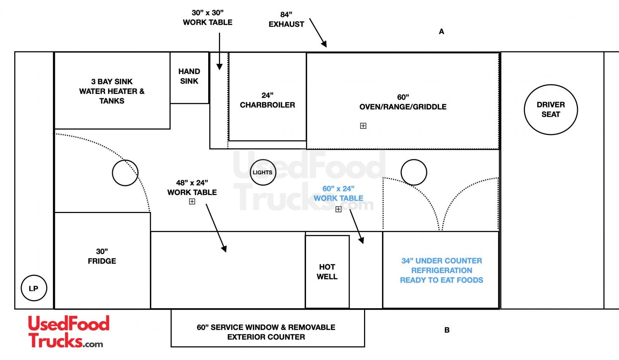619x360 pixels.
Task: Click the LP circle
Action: click(x=34, y=288)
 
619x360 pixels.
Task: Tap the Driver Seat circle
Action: click(x=551, y=109)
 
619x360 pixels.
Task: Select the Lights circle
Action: click(x=263, y=172)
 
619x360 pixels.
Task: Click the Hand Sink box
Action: click(x=189, y=77)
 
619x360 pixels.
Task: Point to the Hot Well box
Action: click(x=327, y=271)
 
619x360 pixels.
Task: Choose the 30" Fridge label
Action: click(x=102, y=256)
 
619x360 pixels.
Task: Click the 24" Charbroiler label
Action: click(x=267, y=100)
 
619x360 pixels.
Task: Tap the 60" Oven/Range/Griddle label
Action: click(x=403, y=102)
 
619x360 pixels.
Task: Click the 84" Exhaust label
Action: click(x=286, y=19)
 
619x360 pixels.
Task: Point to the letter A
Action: click(x=441, y=32)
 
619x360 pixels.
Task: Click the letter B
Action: click(x=447, y=330)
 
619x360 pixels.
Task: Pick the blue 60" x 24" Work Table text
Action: click(x=338, y=193)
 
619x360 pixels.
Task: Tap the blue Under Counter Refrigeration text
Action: click(x=441, y=270)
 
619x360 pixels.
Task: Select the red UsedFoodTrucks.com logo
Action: click(x=68, y=332)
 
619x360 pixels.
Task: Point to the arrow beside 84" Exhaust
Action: click(x=318, y=33)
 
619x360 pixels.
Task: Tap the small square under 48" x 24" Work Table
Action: click(x=192, y=201)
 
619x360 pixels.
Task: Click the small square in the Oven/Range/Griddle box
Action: click(x=363, y=126)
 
